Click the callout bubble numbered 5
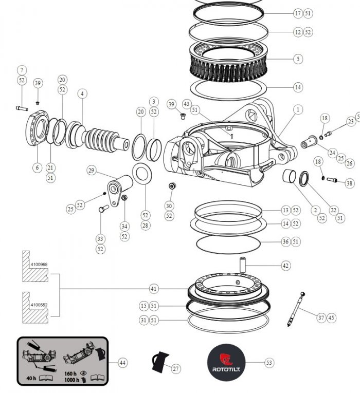(x=298, y=59)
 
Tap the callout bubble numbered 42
(x=286, y=266)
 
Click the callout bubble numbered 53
(x=269, y=363)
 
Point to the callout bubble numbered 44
(x=122, y=363)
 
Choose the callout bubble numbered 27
(x=176, y=369)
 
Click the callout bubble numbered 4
(x=82, y=93)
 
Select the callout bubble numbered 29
(x=92, y=170)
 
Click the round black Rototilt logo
(x=227, y=362)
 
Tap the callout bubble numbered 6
(x=37, y=167)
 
